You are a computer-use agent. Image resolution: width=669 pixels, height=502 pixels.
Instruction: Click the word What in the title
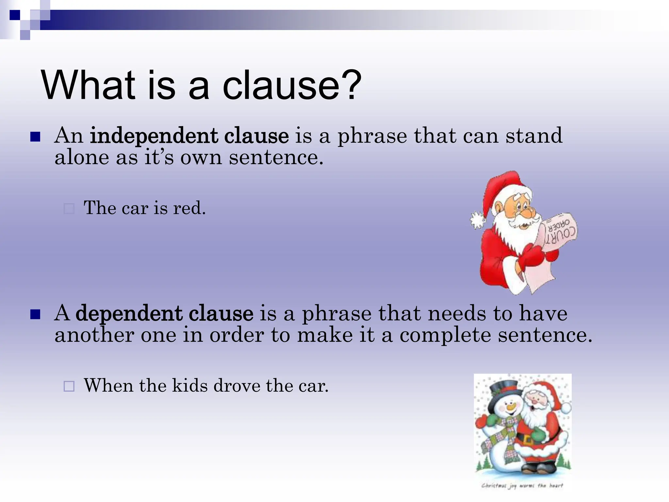88,86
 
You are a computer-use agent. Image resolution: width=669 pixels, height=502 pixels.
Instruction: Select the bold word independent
154,136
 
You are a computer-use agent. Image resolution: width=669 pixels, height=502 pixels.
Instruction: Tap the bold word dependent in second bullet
129,313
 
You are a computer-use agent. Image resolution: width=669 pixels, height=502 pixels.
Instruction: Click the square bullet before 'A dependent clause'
35,314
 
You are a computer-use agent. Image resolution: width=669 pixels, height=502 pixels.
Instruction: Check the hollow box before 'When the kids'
69,386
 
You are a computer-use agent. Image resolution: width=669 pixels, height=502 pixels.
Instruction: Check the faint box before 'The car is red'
69,209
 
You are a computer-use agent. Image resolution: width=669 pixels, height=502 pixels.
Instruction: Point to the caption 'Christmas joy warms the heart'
522,486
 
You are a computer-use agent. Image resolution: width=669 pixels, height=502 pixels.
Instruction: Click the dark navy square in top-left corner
14,15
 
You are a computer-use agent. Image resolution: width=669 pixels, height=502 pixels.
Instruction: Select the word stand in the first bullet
534,136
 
